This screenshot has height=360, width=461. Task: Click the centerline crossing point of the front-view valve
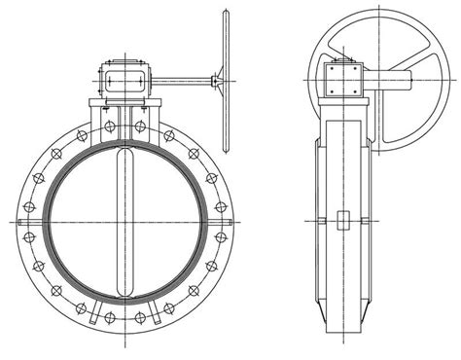pyautogui.click(x=125, y=223)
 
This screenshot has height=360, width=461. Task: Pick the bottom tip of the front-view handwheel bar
pyautogui.click(x=226, y=151)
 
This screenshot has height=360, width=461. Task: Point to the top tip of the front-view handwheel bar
pyautogui.click(x=226, y=13)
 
